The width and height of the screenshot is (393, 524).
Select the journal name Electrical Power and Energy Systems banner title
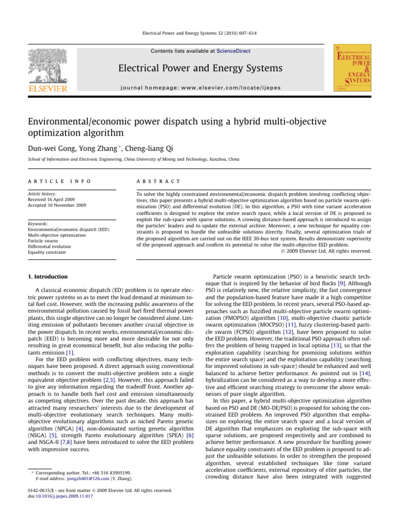click(196, 69)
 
